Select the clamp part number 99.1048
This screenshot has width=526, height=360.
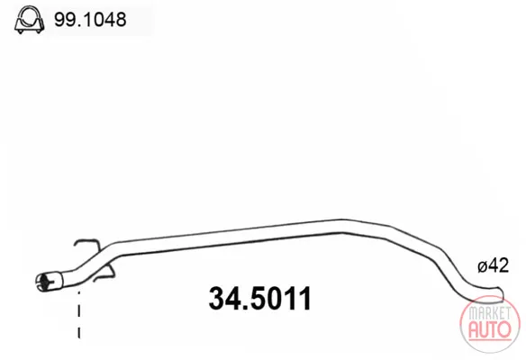[x=90, y=20]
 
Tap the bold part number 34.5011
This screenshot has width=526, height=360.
[x=260, y=298]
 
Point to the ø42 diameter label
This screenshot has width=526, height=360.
[x=494, y=265]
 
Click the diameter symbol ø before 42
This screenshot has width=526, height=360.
[x=483, y=266]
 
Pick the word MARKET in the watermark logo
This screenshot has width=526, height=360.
[x=489, y=313]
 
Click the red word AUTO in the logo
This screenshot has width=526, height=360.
[x=490, y=329]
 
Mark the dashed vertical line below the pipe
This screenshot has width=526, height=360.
[x=79, y=314]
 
